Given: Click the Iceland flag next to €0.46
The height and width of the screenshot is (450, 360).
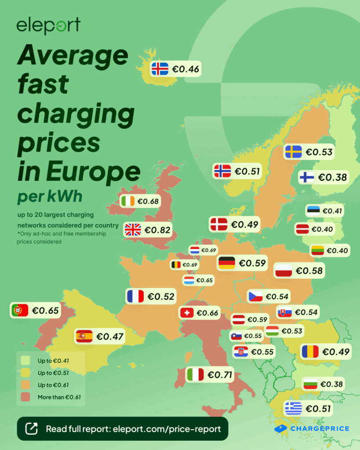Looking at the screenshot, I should (160, 69).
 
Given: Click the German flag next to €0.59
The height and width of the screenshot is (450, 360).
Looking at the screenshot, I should (227, 263).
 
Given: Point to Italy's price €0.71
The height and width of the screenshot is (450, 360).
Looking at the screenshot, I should (220, 375).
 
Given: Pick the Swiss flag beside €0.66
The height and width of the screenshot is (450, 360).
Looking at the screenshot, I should (187, 313).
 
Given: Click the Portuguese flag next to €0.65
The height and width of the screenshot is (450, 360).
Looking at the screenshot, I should (20, 310).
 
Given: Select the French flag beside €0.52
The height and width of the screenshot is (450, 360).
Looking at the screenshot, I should (135, 297).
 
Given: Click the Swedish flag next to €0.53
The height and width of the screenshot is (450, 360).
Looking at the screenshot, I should (293, 152).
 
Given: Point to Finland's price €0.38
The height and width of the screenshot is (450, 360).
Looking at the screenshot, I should (332, 177).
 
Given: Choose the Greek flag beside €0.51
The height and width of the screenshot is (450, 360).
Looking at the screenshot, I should (293, 409).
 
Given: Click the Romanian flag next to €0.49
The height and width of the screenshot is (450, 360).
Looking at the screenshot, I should (310, 352).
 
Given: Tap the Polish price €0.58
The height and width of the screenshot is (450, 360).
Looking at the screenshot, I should (309, 271).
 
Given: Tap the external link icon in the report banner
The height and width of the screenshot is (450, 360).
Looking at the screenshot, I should (31, 428).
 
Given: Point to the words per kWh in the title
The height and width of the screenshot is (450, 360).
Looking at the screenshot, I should (50, 196).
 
